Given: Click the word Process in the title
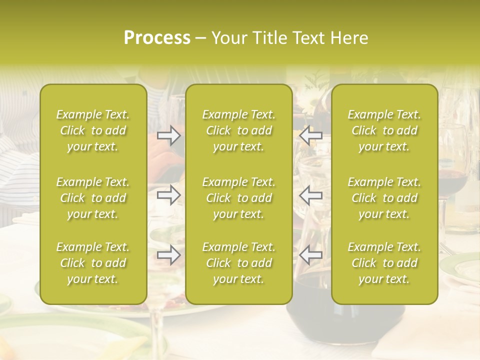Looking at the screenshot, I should (x=157, y=38).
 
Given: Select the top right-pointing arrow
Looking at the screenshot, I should (x=168, y=135).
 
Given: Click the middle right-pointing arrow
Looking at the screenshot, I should (x=168, y=194).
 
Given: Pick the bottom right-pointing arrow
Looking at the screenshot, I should (x=168, y=255).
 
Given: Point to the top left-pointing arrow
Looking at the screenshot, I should (x=310, y=135).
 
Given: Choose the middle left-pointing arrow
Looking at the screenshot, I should (x=310, y=194).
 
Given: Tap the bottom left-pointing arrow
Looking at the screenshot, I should (x=310, y=255).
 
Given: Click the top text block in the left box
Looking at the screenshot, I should (x=93, y=130).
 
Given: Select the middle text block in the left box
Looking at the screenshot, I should (x=93, y=198).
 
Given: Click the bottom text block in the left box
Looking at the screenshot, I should (x=93, y=263).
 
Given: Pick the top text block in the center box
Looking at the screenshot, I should (x=239, y=130).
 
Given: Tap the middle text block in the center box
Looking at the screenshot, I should (x=239, y=198).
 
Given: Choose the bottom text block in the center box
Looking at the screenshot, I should (x=239, y=263).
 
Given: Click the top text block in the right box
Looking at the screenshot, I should (x=384, y=130).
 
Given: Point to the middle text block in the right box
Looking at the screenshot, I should (x=384, y=198).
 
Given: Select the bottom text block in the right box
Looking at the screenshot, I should (x=384, y=263).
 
